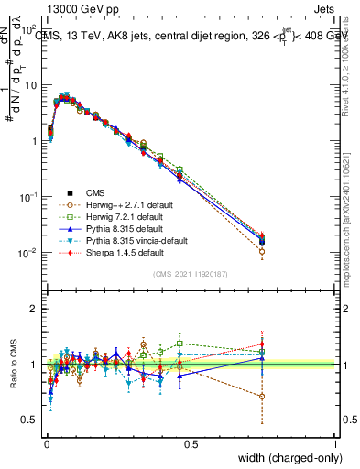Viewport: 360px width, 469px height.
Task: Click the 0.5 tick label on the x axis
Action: tap(191, 444)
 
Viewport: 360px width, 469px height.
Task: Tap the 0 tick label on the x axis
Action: tap(45, 444)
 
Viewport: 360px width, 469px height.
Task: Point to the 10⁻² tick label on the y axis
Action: tap(27, 253)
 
